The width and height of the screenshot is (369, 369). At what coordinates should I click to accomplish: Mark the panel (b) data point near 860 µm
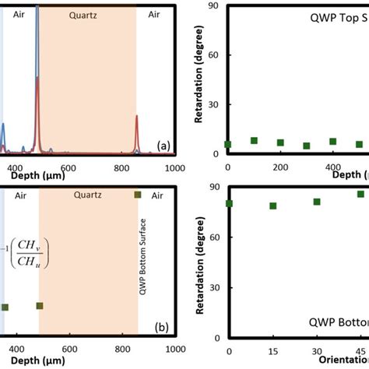(x=138, y=195)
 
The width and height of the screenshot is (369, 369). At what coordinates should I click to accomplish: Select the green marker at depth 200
(x=280, y=143)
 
